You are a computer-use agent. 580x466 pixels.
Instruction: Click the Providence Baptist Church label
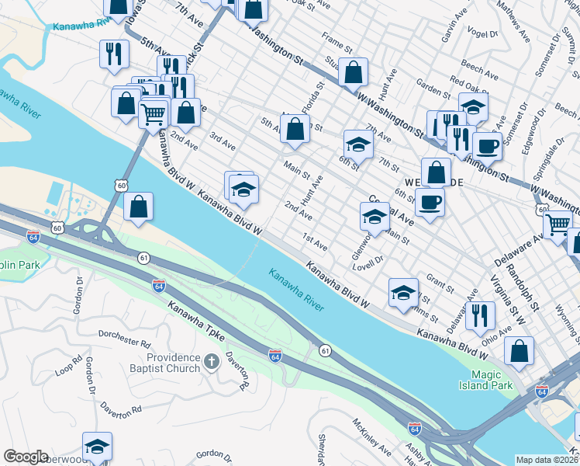click(174, 363)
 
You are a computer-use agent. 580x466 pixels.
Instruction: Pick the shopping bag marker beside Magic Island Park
click(519, 350)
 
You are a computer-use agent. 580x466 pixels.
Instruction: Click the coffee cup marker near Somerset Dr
click(487, 145)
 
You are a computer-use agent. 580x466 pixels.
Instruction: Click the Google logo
click(26, 457)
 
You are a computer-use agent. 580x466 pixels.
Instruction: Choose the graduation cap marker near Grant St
click(402, 293)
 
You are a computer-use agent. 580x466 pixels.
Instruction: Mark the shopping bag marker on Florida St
click(295, 129)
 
